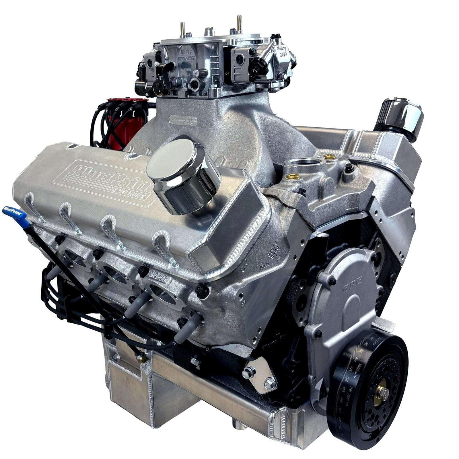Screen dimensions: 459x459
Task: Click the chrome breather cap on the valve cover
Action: coord(184,178)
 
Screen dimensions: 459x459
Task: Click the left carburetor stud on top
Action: coord(182,29)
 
